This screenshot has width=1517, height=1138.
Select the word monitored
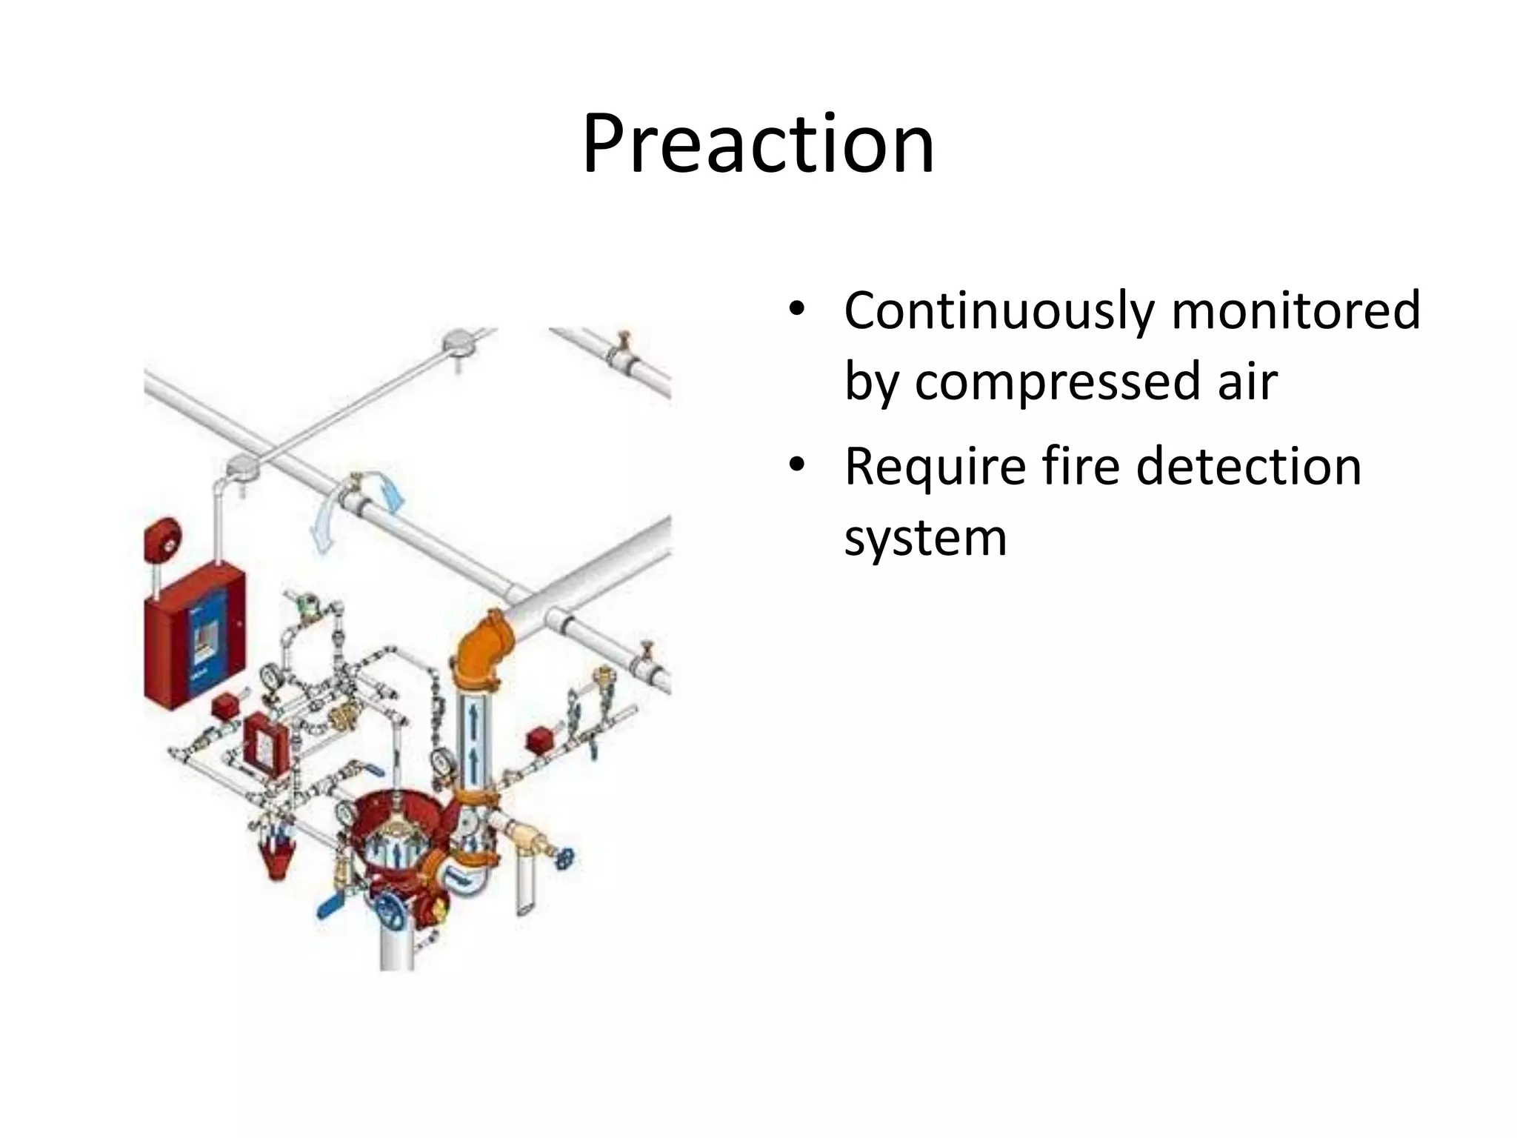tap(1296, 310)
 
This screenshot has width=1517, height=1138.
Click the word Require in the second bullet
tap(934, 466)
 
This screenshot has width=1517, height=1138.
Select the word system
tap(926, 537)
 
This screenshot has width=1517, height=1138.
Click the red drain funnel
tap(278, 852)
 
